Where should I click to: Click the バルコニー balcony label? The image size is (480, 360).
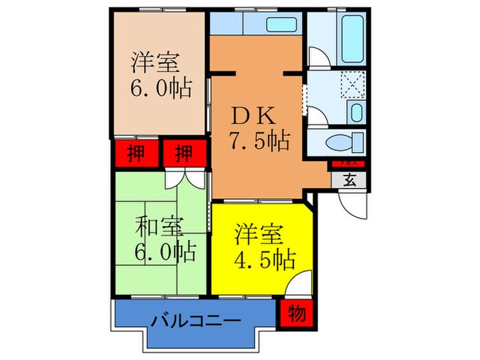point(195,320)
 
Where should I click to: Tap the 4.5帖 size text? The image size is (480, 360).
point(266,260)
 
